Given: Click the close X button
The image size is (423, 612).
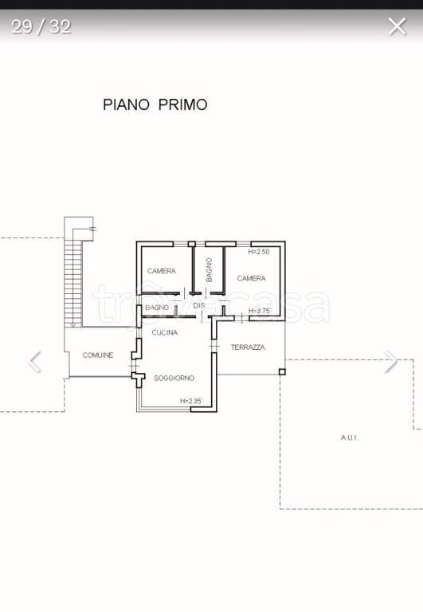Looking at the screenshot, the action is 398,26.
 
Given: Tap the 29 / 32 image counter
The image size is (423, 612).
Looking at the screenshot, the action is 41,27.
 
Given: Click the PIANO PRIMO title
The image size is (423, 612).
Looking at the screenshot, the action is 155,104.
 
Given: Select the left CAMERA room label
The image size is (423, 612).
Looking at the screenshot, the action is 162,271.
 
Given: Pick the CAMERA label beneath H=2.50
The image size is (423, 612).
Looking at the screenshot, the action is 251,278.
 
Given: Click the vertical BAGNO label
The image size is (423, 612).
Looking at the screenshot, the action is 210,269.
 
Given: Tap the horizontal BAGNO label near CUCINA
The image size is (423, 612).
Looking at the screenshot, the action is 157,308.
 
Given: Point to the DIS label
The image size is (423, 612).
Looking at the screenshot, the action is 199,305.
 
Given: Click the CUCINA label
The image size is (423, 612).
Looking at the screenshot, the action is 165,332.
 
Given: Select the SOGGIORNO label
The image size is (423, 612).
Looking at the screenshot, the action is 174,378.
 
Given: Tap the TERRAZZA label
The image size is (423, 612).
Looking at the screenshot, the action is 248,347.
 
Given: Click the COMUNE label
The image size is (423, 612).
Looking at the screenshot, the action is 98,355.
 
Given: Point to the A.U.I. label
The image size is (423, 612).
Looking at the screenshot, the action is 349,437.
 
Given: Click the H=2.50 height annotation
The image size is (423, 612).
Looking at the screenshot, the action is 259,252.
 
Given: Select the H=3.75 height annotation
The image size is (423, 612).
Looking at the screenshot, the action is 259,311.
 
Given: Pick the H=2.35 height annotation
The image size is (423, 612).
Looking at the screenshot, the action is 190,401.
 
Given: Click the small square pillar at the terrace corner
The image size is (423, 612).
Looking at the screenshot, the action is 282,371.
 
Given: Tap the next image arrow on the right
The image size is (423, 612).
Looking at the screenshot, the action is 390,362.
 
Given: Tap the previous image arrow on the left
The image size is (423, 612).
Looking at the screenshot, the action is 34,362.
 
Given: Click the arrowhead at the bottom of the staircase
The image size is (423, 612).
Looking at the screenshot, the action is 73,324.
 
